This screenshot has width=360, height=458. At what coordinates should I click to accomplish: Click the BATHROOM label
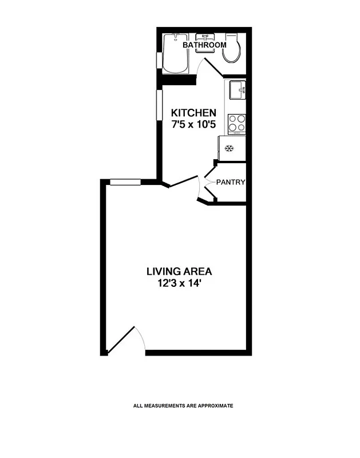click(204, 45)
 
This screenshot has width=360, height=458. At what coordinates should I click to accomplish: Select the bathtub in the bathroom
click(175, 54)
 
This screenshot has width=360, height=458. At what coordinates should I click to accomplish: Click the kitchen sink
click(238, 90)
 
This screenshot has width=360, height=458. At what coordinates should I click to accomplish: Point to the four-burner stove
click(237, 123)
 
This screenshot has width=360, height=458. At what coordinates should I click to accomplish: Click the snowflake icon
click(230, 149)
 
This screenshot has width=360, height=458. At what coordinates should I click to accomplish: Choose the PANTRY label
click(231, 183)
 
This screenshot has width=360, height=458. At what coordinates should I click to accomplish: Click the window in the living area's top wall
click(125, 182)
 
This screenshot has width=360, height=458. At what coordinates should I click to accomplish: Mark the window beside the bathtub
click(160, 61)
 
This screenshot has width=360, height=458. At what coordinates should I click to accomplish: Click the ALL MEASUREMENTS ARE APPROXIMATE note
click(183, 406)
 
